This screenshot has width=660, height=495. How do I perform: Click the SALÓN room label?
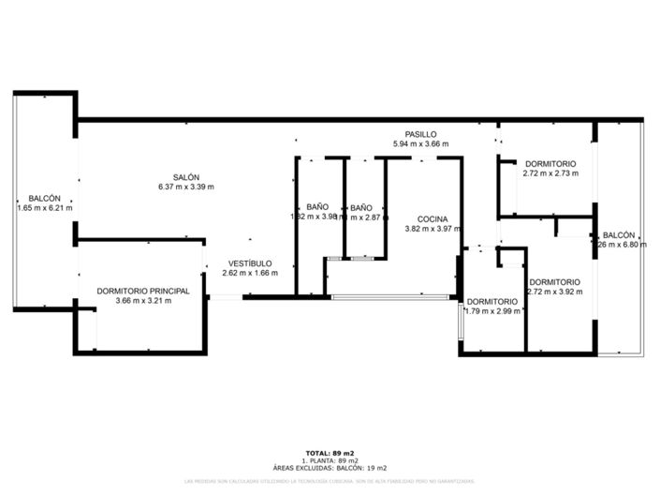coord(185,177)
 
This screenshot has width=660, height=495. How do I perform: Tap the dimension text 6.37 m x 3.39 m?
coord(185,187)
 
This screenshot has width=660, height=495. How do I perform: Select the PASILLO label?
coord(419,134)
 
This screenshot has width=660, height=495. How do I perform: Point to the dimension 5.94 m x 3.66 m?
coord(419,144)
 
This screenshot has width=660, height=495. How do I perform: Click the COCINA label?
coord(432,218)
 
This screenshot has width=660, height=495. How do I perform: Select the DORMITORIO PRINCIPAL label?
coord(143,291)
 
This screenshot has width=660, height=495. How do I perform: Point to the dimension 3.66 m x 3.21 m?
coord(143,301)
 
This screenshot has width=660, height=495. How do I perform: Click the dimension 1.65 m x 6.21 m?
coord(44,208)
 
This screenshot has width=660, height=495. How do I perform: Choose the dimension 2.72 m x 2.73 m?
coord(550,172)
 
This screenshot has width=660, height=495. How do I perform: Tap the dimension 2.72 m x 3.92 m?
coord(553,292)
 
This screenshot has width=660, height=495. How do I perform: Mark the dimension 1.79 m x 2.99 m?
coord(491,310)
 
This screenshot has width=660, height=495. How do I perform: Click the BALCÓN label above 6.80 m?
coord(619,235)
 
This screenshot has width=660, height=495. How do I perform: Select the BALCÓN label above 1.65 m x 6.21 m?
coord(44,199)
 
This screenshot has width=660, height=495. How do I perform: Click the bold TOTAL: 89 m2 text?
coord(330,453)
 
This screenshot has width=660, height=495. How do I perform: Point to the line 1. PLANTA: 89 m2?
coord(330,460)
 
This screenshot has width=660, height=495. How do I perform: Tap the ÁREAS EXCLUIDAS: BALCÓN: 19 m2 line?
coord(330,467)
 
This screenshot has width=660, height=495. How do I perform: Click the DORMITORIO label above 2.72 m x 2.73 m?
coord(550,163)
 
